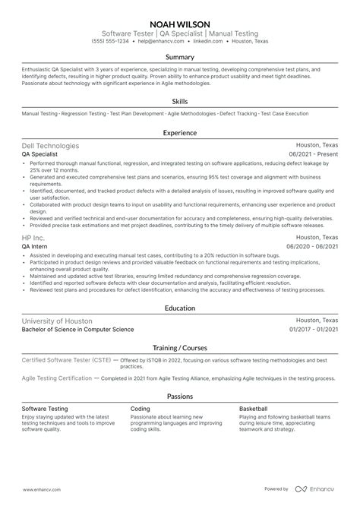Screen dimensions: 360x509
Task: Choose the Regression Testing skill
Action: click(x=84, y=114)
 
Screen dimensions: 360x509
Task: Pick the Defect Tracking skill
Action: click(x=238, y=114)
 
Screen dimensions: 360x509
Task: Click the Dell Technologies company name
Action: click(x=51, y=145)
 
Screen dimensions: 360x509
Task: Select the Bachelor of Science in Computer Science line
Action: click(x=78, y=329)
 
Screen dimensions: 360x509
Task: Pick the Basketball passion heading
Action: click(x=254, y=409)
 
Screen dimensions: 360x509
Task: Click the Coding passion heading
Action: click(x=140, y=409)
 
